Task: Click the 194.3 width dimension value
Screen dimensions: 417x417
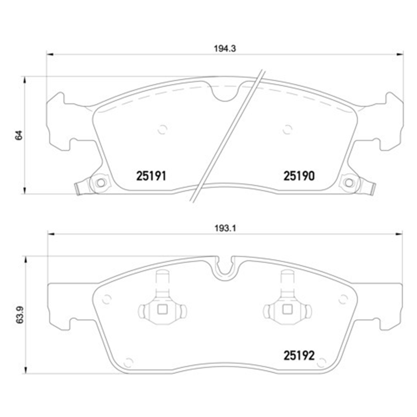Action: (x=225, y=49)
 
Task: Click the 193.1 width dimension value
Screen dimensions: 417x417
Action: (x=225, y=229)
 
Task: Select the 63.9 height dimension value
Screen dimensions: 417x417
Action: (x=19, y=315)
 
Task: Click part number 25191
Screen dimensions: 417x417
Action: (x=151, y=176)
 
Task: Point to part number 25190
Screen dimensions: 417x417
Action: (x=299, y=176)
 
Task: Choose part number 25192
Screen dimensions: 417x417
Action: (x=299, y=356)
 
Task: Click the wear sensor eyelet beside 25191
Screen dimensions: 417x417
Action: (x=101, y=183)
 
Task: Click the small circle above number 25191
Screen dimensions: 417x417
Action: (x=162, y=129)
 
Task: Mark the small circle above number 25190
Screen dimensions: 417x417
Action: (x=287, y=129)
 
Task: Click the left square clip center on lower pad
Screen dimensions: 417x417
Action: (x=162, y=309)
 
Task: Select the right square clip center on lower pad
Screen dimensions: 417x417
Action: (x=287, y=309)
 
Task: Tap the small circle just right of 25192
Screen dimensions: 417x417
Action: (x=321, y=362)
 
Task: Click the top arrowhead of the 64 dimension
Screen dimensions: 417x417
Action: (x=25, y=80)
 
